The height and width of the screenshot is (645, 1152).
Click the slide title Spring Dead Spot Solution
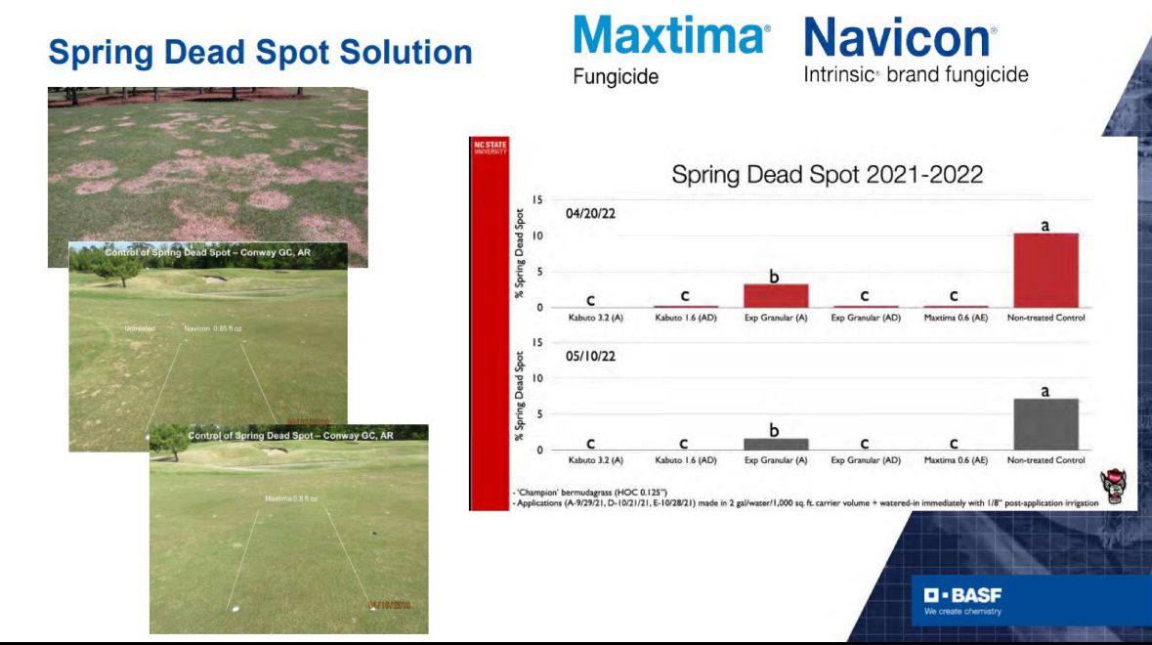point(261,53)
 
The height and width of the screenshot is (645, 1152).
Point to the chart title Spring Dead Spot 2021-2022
point(827,176)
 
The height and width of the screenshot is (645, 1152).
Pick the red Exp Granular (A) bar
point(776,296)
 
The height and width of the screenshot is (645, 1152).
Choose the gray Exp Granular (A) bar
point(776,444)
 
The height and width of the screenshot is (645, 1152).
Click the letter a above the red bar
point(1045,225)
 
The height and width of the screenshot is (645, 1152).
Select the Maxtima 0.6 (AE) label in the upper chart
point(956,319)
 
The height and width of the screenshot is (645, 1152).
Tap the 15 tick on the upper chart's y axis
point(537,199)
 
